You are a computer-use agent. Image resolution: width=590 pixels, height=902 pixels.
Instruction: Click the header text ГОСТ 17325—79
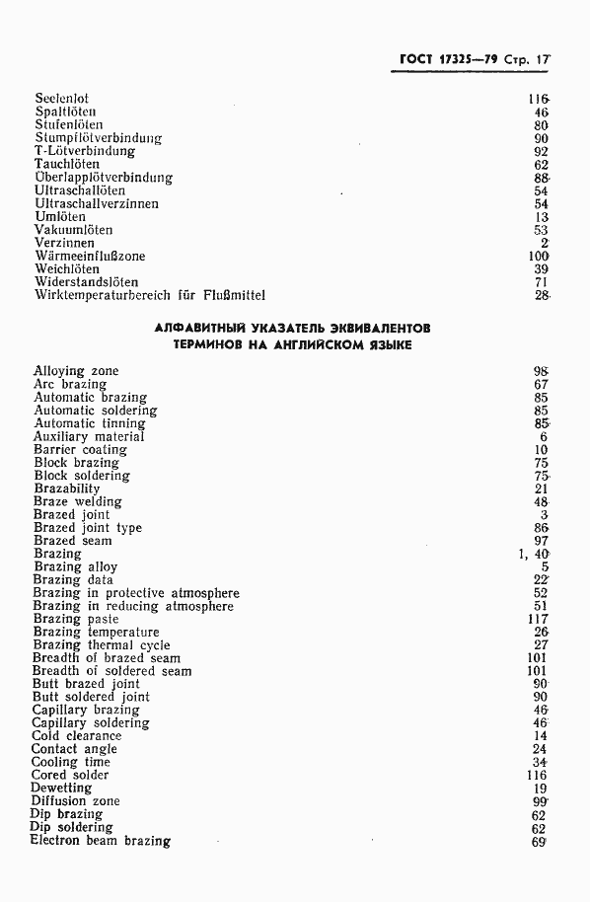pos(444,59)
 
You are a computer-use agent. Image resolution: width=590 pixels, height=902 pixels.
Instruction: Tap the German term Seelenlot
pos(61,100)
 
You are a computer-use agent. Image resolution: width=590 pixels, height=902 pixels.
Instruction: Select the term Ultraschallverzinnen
pos(96,203)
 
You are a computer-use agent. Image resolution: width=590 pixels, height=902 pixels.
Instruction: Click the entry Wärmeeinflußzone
pos(89,256)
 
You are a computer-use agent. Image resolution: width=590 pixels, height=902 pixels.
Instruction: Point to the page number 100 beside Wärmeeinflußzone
pos(538,256)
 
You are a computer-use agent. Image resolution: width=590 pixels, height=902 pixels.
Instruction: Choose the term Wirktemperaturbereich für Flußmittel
pos(149,295)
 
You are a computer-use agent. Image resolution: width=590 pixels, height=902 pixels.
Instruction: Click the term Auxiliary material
pos(89,437)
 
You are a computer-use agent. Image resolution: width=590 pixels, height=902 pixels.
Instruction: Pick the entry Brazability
pos(67,489)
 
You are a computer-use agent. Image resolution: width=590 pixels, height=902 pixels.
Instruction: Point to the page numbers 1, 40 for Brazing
pos(533,554)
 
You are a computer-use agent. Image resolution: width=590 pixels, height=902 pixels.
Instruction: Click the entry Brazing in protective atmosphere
pos(136,593)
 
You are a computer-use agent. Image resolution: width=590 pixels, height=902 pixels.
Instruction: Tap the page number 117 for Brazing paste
pos(538,619)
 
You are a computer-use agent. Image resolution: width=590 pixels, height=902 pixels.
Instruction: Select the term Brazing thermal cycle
pos(101,645)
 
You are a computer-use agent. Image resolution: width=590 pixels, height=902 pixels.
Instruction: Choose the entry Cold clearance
pos(77,736)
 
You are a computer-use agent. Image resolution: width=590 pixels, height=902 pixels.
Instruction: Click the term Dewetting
pos(62,789)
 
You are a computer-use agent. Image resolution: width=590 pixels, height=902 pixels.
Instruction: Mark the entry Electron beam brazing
pos(100,841)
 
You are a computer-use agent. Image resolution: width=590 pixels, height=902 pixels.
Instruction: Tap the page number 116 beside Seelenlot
pos(538,100)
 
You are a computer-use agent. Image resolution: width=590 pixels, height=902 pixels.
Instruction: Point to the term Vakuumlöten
pos(73,230)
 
